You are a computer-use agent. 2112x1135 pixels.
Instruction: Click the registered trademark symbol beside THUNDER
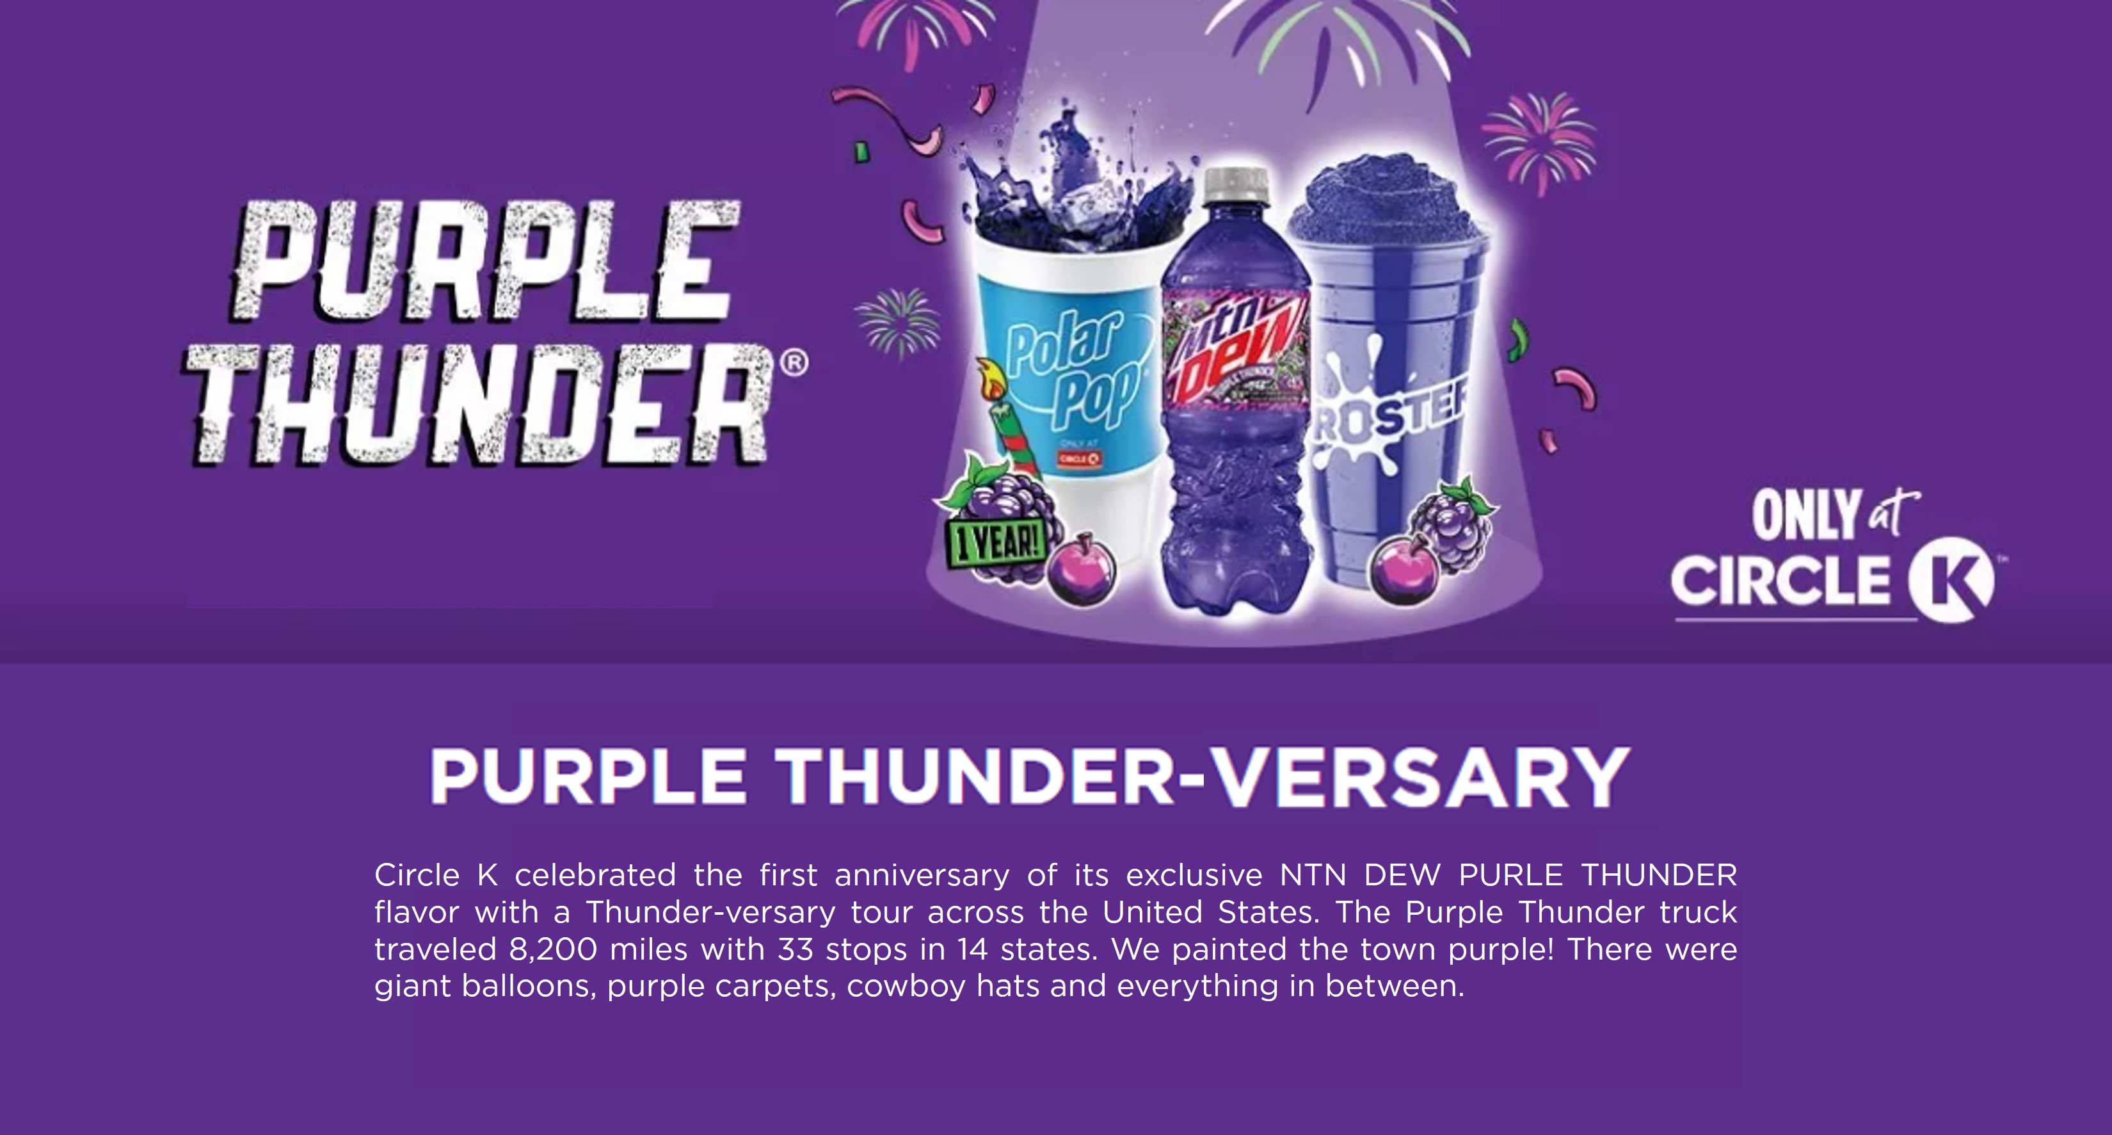[794, 362]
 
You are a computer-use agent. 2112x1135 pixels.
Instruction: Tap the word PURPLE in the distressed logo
[484, 261]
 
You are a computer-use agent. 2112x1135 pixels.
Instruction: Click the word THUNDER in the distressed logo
[478, 405]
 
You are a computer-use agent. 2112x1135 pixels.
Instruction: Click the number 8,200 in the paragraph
[554, 949]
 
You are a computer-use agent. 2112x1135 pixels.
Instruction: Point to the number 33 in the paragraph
[796, 949]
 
